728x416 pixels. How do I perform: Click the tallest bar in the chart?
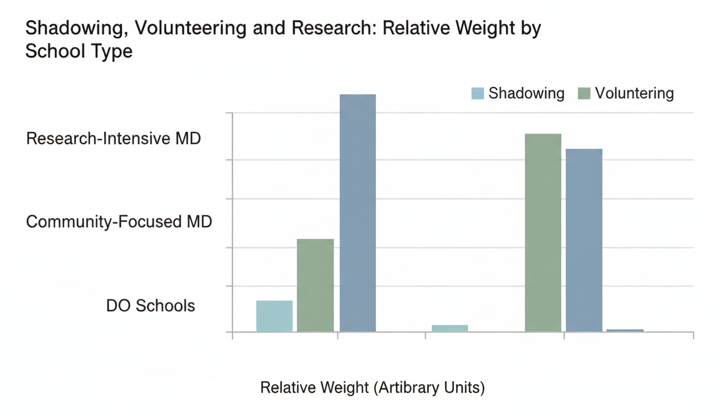coord(357,213)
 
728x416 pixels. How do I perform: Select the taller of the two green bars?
coord(543,232)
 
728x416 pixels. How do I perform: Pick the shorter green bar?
coord(315,285)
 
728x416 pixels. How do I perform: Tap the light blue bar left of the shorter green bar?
coord(274,316)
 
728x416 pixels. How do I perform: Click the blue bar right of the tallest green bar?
coord(584,240)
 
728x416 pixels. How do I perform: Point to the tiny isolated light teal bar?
coord(450,328)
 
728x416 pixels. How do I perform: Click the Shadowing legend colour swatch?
coord(477,93)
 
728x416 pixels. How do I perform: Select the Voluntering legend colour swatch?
coord(584,93)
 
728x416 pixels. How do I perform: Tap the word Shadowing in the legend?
coord(526,93)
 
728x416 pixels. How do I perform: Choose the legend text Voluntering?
coord(634,93)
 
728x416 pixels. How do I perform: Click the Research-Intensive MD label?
coord(113,139)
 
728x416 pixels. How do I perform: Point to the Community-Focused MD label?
coord(119,222)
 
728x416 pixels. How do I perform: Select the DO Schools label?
coord(150,305)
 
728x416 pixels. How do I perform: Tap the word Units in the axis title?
coord(466,388)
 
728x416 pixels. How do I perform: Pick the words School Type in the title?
coord(79,52)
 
